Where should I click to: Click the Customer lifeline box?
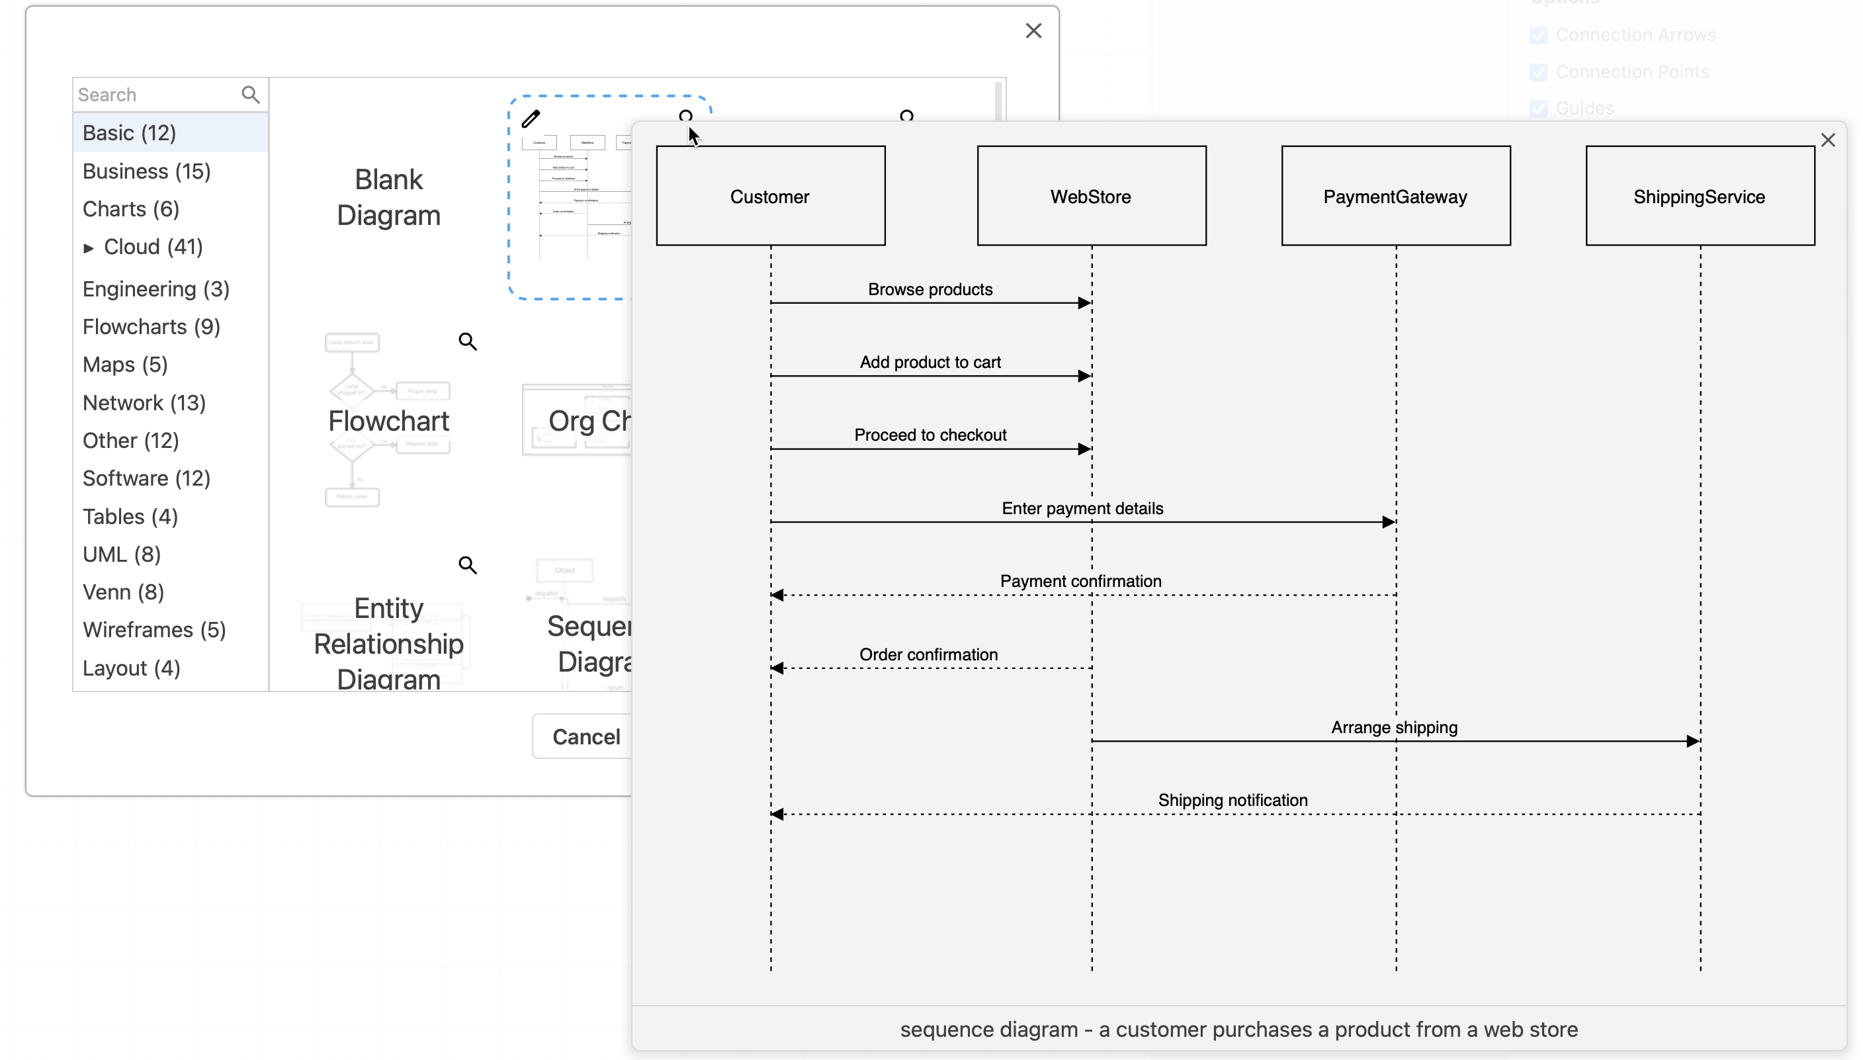tap(770, 196)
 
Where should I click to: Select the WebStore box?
tap(1091, 196)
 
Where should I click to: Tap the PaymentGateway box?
tap(1395, 196)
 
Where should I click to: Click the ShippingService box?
tap(1699, 196)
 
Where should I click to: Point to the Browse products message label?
tap(930, 289)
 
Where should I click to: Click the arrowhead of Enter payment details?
tap(1388, 522)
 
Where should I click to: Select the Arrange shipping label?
tap(1393, 727)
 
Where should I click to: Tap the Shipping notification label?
tap(1232, 800)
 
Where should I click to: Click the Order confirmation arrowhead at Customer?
tap(778, 668)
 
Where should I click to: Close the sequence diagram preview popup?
tap(1827, 140)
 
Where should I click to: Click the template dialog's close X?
tap(1033, 30)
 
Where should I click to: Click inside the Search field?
tap(156, 95)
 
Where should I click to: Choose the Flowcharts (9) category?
tap(152, 327)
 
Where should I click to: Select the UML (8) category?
tap(122, 554)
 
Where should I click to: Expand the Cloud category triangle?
tap(89, 248)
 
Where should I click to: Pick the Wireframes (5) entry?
tap(154, 630)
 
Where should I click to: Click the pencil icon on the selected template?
tap(531, 118)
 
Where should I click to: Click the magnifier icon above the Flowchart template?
tap(467, 341)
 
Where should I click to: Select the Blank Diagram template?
tap(388, 197)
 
